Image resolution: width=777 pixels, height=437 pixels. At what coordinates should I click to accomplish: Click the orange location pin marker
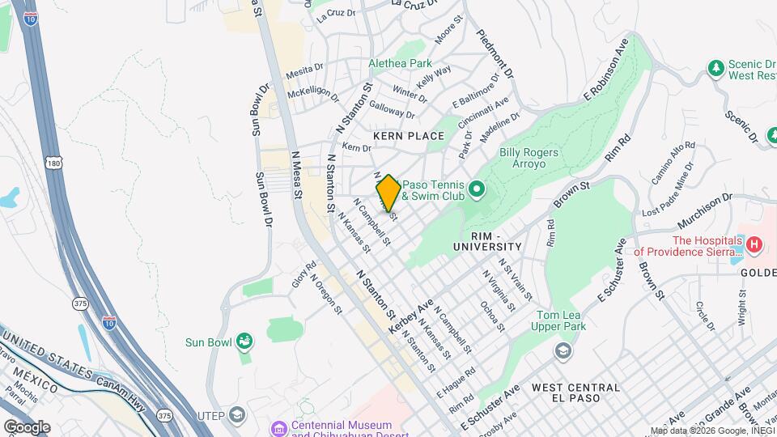pos(388,193)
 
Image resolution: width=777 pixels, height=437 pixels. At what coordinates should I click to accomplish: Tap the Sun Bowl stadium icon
pos(244,342)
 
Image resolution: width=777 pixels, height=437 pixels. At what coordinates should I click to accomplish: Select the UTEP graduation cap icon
pos(236,415)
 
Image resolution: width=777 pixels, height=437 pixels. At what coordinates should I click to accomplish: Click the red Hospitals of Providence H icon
pos(754,244)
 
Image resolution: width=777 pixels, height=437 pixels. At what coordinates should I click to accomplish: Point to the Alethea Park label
pos(400,63)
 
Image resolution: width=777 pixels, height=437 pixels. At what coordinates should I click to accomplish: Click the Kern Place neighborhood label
pos(408,136)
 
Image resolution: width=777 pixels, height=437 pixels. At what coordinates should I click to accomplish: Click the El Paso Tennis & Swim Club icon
pos(476,190)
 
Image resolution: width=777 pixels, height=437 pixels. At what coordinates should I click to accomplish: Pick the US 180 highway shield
pos(53,163)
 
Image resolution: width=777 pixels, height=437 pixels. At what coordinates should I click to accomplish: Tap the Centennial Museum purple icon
pos(279,426)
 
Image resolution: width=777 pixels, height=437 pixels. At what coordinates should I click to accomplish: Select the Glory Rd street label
pos(304,275)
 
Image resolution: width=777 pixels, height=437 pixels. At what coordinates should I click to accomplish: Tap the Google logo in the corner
pos(27,426)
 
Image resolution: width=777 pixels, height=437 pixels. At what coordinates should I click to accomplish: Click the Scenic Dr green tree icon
pos(715,68)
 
